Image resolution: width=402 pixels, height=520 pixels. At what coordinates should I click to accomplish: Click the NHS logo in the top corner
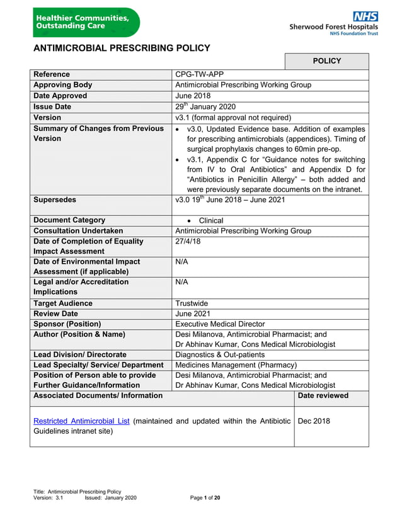365,16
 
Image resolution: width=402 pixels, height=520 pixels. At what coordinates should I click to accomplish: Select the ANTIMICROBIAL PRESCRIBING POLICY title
122,48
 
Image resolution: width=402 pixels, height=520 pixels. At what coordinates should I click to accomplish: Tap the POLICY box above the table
326,61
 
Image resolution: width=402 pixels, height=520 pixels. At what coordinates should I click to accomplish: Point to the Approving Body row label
62,85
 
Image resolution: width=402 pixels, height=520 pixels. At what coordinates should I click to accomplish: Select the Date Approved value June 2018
193,96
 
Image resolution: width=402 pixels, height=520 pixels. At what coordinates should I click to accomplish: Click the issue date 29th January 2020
205,106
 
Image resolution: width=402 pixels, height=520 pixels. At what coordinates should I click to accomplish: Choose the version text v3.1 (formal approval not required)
233,117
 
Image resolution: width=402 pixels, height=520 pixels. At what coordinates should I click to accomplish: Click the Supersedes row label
54,200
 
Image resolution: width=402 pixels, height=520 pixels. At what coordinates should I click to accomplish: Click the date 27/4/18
188,241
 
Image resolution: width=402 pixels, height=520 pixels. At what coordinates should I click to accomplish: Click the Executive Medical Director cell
220,324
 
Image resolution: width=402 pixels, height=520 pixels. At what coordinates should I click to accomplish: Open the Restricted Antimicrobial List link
81,421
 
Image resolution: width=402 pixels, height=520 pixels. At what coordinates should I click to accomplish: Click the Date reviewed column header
323,395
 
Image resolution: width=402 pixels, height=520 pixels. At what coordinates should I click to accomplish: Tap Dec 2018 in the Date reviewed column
313,421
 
